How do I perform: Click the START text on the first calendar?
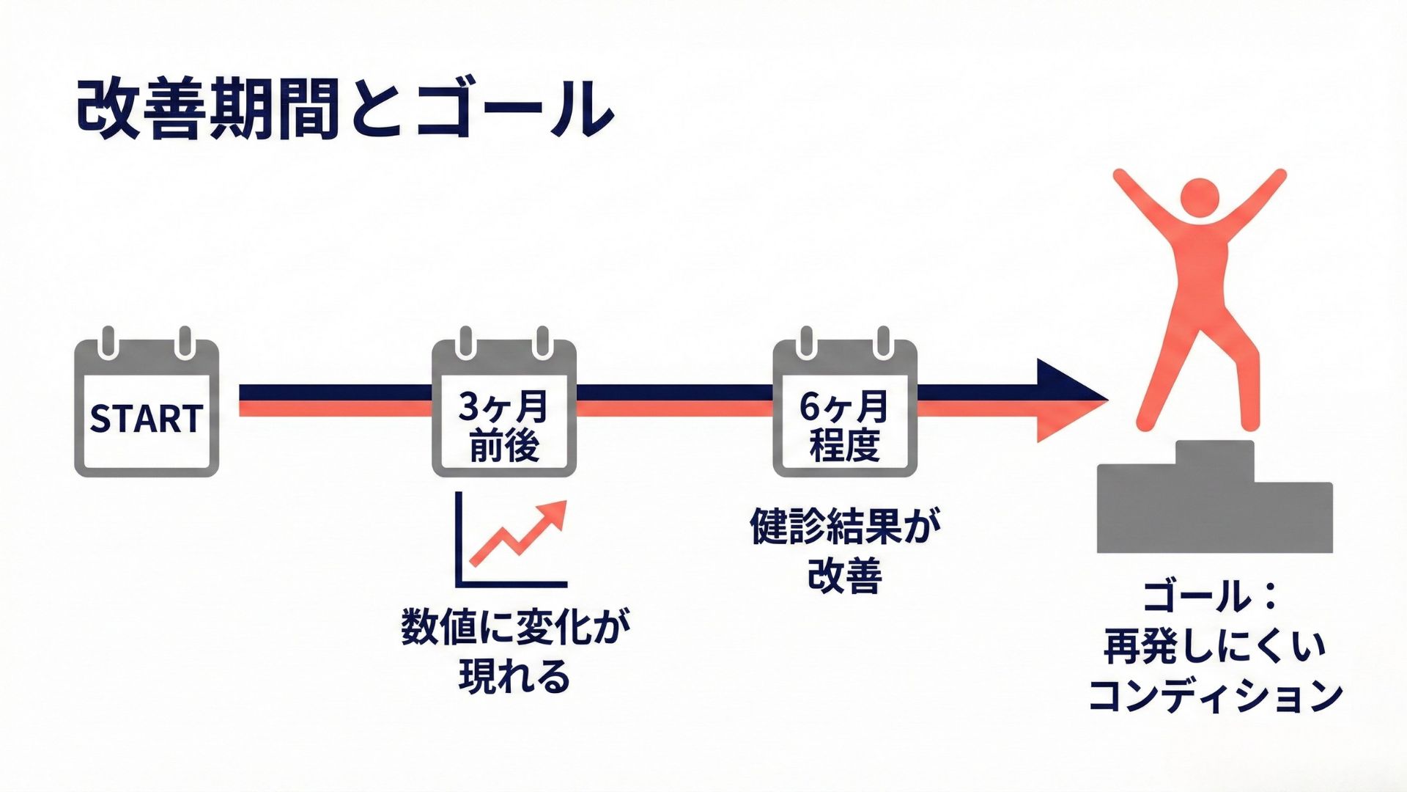(x=146, y=419)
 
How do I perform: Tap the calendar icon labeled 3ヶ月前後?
(x=504, y=408)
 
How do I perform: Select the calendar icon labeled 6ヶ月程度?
(x=845, y=408)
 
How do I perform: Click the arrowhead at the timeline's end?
(x=1070, y=400)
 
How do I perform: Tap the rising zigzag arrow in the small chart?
(x=520, y=532)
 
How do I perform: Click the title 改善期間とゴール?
(x=344, y=110)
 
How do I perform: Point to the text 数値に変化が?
(x=515, y=627)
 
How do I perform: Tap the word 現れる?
(x=514, y=676)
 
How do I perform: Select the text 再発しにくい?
(x=1214, y=645)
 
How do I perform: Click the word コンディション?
(x=1215, y=695)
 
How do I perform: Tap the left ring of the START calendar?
(x=108, y=342)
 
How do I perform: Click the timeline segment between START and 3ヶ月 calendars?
(x=335, y=400)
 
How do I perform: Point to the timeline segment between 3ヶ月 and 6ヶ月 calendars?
(x=674, y=400)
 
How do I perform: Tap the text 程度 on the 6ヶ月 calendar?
(x=845, y=445)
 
